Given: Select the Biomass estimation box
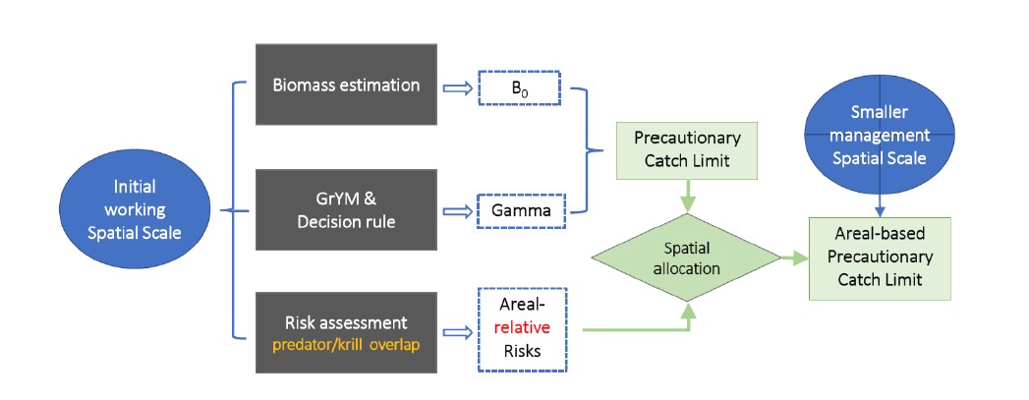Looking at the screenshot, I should (x=346, y=85).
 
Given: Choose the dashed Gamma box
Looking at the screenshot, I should (x=518, y=210).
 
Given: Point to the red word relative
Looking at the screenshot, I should (x=523, y=327).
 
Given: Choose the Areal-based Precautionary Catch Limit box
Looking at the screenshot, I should (x=880, y=258).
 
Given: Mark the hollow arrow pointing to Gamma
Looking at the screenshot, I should (x=459, y=210).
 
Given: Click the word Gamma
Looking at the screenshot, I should (x=518, y=210).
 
